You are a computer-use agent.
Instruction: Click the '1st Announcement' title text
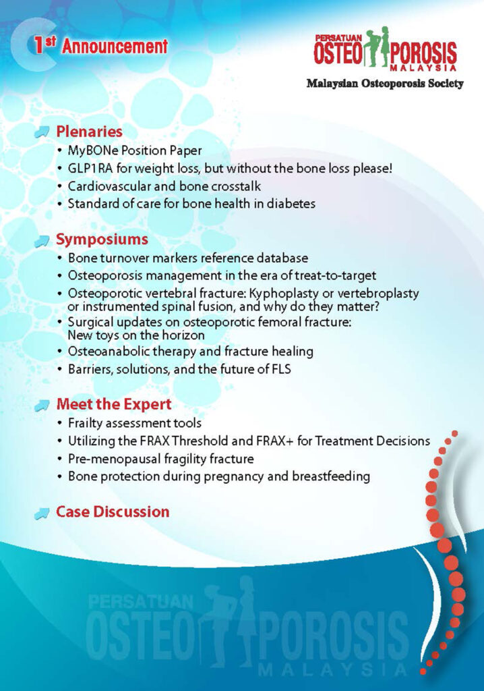point(101,45)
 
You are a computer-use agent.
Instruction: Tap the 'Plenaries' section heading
point(89,132)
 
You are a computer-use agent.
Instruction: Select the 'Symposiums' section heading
point(102,240)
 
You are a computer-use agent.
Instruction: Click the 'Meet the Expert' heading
point(114,404)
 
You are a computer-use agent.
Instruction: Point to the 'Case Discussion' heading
point(113,512)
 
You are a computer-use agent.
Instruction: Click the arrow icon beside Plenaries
point(42,132)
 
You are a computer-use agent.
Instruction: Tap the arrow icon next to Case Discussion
point(42,513)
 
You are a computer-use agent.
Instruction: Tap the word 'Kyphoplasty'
point(285,294)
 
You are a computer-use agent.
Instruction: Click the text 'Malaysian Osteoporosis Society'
point(385,83)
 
